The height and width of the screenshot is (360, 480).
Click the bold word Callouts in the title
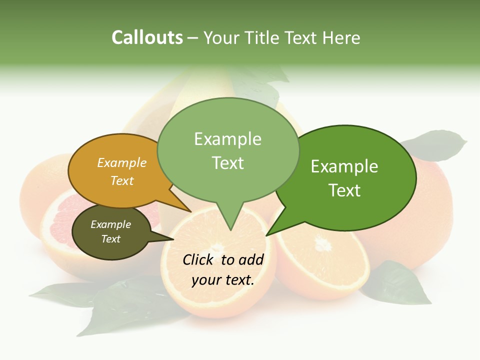(147, 37)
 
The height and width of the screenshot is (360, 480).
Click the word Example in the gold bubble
(122, 163)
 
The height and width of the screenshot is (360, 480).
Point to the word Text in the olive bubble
(111, 239)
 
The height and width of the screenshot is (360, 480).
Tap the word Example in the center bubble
(228, 139)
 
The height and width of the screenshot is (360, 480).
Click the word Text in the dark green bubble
(345, 190)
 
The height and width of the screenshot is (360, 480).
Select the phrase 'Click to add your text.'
(223, 269)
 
